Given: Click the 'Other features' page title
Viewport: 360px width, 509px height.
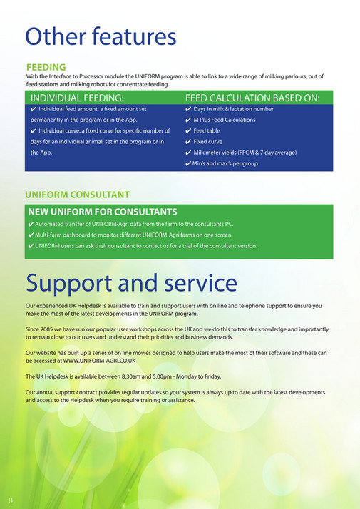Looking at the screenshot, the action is [x=100, y=36].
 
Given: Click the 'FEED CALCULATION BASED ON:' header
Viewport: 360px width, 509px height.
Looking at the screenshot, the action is [x=252, y=98].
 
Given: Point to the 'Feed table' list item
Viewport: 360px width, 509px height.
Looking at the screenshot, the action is [x=207, y=131].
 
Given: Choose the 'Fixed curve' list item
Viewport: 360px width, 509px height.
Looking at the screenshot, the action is [x=208, y=142].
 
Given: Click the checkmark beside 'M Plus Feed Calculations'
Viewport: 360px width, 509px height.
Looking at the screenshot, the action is [x=187, y=120].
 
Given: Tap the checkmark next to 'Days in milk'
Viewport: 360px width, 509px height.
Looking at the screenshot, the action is [x=187, y=110].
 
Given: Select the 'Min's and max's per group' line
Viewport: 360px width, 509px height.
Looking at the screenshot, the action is [x=225, y=164].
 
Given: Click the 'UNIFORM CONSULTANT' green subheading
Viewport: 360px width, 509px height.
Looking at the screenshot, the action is [x=77, y=194].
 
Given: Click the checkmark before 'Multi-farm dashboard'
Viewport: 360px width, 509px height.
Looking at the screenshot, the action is [x=31, y=235].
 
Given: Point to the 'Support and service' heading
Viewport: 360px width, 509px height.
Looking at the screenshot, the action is [x=131, y=283].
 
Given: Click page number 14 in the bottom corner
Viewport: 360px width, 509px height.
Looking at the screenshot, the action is [x=11, y=495].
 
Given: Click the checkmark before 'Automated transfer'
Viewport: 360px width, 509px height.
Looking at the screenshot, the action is [x=31, y=224].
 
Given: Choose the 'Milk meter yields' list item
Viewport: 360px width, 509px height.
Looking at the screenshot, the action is [x=245, y=153].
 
